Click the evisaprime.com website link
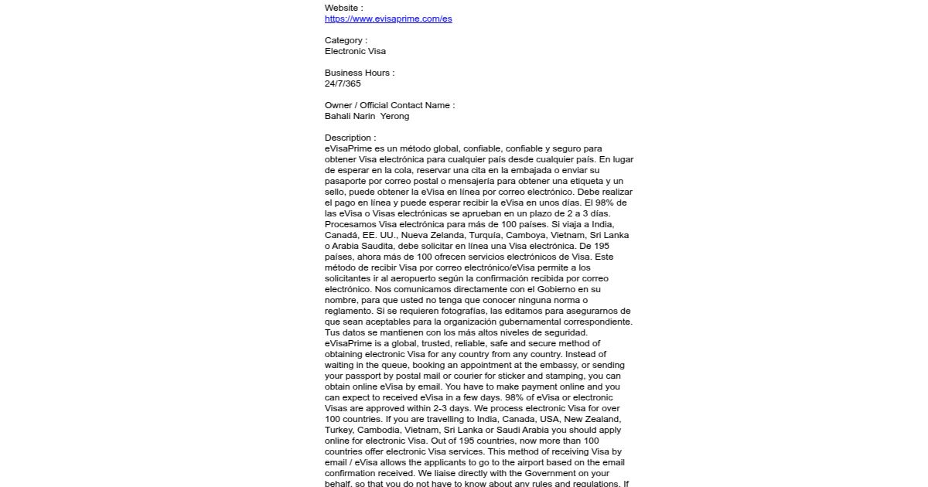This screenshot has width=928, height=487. (x=388, y=19)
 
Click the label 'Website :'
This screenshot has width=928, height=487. (x=343, y=8)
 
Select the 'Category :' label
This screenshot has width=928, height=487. (x=346, y=40)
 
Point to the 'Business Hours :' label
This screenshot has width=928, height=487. (x=360, y=73)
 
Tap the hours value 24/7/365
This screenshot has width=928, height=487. (x=343, y=83)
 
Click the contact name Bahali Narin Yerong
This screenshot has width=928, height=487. (x=367, y=116)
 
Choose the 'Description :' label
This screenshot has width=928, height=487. (x=350, y=138)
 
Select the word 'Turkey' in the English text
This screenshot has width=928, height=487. (x=340, y=430)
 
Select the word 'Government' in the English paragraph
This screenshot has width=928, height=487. (x=561, y=473)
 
